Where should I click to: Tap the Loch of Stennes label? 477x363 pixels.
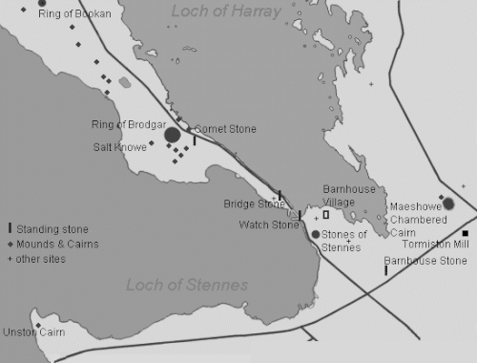coord(187,285)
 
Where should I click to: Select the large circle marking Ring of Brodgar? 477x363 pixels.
coord(173,135)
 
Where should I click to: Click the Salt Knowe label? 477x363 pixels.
coord(119,147)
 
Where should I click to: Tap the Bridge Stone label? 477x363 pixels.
coord(254,203)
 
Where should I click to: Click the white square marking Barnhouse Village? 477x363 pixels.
coord(325,215)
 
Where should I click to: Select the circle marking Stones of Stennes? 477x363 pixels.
coord(316,234)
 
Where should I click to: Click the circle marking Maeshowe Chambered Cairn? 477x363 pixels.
coord(448,203)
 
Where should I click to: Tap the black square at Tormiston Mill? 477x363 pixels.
coord(466,233)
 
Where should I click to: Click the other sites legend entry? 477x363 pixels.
coord(42,259)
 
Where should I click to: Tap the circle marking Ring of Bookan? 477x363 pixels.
coord(41,3)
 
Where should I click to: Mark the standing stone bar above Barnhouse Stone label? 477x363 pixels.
coord(385,270)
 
